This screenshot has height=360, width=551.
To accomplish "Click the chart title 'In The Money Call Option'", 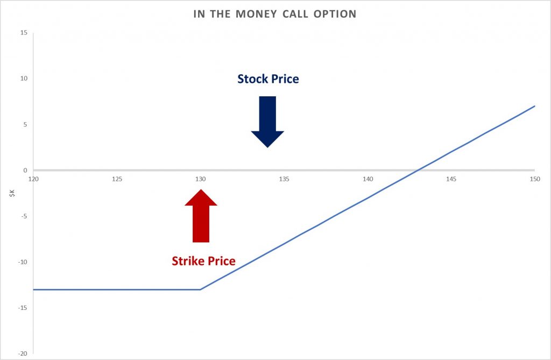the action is tap(275, 14).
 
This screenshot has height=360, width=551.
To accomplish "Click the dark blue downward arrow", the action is tap(267, 122).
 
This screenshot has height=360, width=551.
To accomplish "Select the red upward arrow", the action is tap(201, 215).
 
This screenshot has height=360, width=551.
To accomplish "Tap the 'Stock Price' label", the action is tap(268, 79).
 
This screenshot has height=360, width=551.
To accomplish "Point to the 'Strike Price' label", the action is tap(203, 261).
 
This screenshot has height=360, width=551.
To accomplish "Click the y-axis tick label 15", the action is tap(24, 33).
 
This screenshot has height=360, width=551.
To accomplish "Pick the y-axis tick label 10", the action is tap(24, 79).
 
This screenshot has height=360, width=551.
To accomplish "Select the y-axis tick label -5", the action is tap(24, 216).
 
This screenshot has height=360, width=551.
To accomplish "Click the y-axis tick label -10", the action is tap(23, 262).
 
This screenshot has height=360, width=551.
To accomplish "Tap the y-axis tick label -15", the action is tap(23, 308).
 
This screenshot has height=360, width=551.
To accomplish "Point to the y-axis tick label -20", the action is tap(23, 354).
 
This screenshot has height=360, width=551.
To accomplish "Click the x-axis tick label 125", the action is tap(117, 179).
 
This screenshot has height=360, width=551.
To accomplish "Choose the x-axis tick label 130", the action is tap(201, 179).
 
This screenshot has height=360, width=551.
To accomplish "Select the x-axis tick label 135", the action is tap(284, 179).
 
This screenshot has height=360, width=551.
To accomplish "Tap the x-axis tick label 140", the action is tap(368, 179).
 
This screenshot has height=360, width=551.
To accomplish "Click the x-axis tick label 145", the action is tap(451, 179).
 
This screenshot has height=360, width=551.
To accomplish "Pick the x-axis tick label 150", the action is tap(535, 179).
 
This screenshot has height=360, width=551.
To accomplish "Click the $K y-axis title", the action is tap(12, 193).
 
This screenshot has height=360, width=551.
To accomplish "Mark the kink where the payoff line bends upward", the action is tap(200, 290).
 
